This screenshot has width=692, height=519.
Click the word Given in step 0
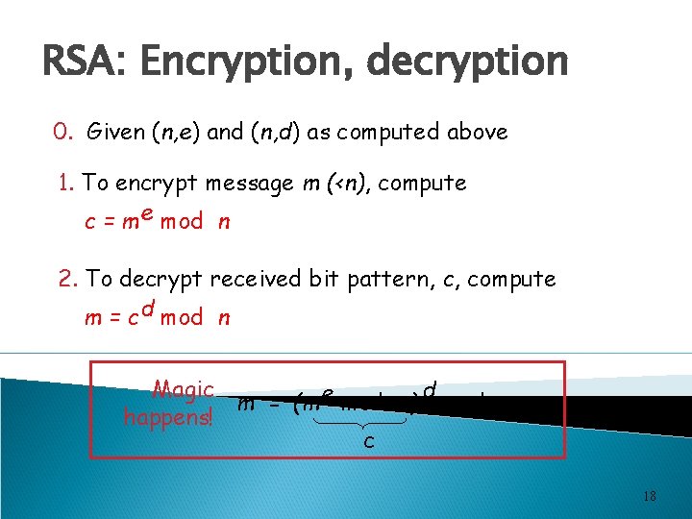pos(116,133)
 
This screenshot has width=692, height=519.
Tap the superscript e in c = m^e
pos(147,213)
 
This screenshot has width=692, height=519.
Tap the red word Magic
pos(184,390)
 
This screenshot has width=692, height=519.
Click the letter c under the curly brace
pos(369,443)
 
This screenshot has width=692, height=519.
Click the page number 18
pos(650,496)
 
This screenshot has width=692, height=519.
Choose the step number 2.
pos(66,280)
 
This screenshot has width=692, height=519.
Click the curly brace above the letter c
pos(369,424)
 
